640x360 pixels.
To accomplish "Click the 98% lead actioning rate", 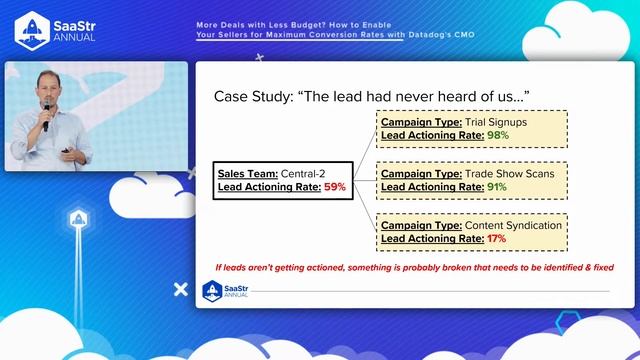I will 498,134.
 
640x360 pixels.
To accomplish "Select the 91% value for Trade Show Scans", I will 496,186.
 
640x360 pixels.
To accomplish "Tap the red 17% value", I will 496,238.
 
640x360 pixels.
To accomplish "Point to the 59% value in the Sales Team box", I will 334,186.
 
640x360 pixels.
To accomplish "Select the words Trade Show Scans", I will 501,173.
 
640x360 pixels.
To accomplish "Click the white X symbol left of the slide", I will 180,289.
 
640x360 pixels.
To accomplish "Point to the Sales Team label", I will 247,173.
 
